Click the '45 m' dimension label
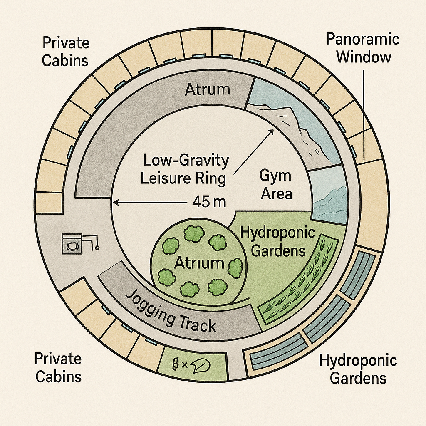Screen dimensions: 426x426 pyautogui.click(x=209, y=202)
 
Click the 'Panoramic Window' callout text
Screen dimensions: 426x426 pyautogui.click(x=363, y=48)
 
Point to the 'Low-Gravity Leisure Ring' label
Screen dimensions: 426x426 pyautogui.click(x=184, y=169)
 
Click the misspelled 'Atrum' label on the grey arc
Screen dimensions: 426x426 pyautogui.click(x=207, y=89)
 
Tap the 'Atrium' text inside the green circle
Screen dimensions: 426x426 pyautogui.click(x=199, y=263)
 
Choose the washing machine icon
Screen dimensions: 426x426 pyautogui.click(x=72, y=244)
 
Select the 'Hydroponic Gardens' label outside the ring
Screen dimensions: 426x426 pyautogui.click(x=358, y=369)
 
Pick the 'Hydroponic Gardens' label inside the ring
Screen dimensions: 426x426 pyautogui.click(x=278, y=242)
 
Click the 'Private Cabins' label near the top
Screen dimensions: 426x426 pyautogui.click(x=65, y=52)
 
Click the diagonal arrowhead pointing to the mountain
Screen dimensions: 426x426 pyautogui.click(x=270, y=132)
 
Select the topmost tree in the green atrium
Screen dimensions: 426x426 pyautogui.click(x=194, y=233)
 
